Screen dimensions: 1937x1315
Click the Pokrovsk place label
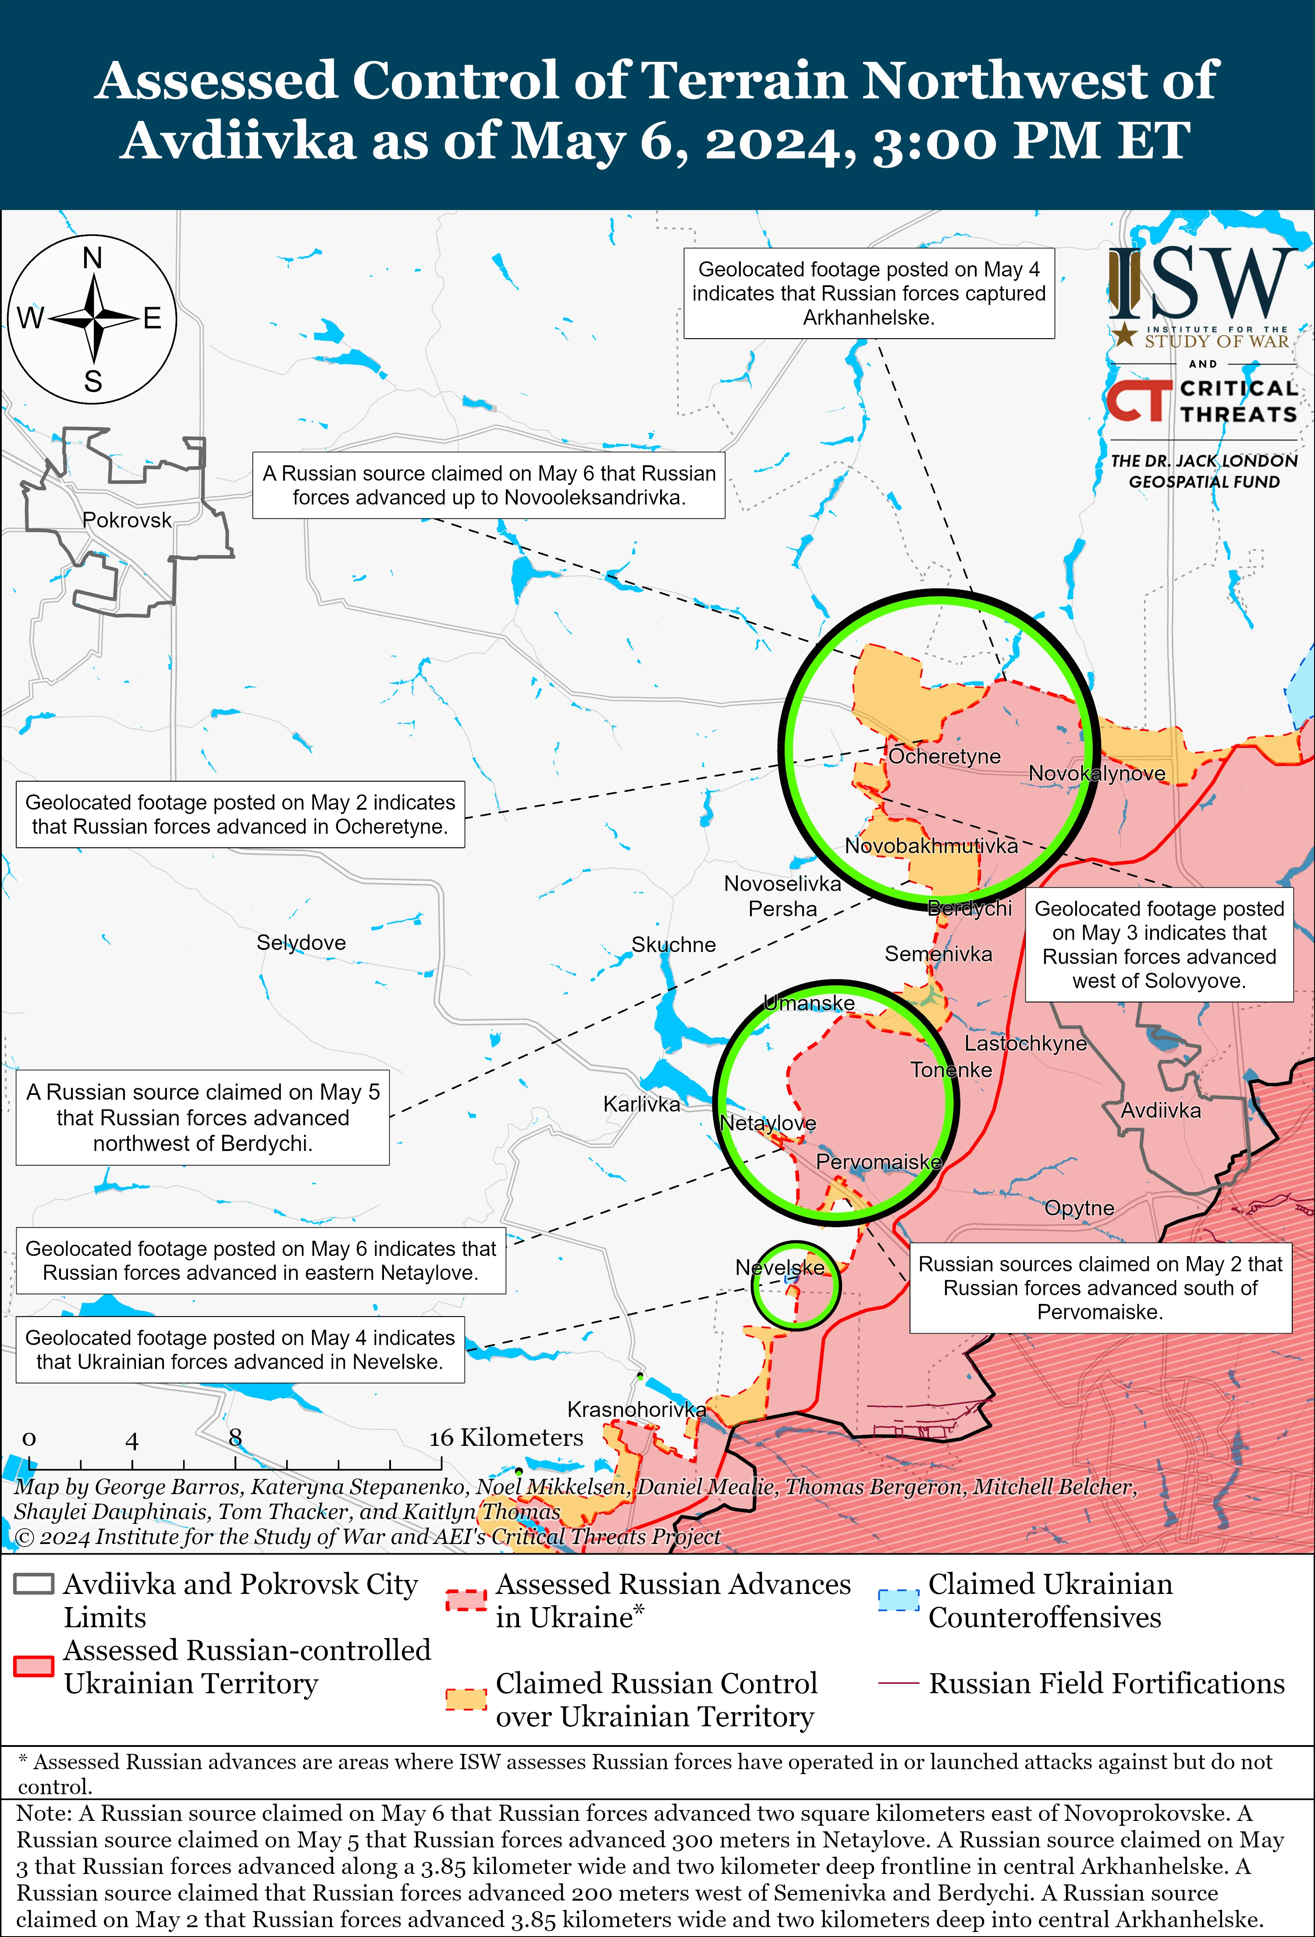pyautogui.click(x=127, y=520)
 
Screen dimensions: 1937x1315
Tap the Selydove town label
pyautogui.click(x=301, y=943)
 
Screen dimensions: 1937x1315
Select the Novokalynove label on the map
pyautogui.click(x=1097, y=773)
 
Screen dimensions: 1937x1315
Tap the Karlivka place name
pyautogui.click(x=641, y=1105)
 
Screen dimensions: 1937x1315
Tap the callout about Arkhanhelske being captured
pyautogui.click(x=869, y=294)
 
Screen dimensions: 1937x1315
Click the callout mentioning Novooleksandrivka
pyautogui.click(x=489, y=485)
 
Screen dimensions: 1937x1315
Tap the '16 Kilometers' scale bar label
pyautogui.click(x=506, y=1438)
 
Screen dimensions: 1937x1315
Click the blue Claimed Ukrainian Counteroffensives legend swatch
pyautogui.click(x=898, y=1600)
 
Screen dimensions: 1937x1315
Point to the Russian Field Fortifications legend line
pyautogui.click(x=898, y=1684)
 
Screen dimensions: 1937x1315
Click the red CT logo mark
pyautogui.click(x=1138, y=400)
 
